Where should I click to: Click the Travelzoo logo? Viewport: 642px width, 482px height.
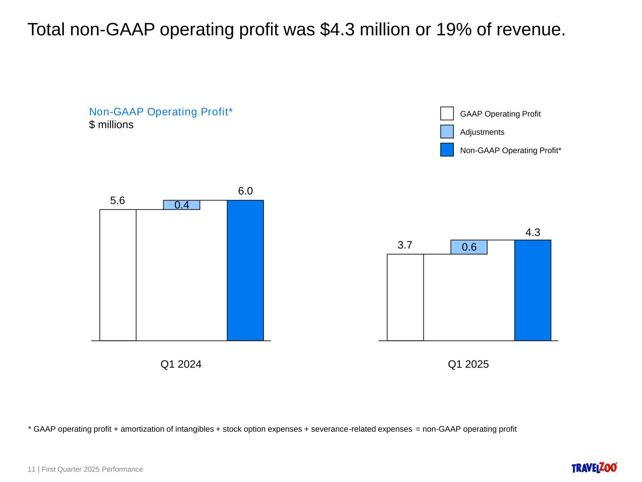(x=594, y=467)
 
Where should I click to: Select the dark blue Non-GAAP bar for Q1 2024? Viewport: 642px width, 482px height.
(x=245, y=270)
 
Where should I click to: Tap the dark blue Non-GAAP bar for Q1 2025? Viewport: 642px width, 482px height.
(x=532, y=290)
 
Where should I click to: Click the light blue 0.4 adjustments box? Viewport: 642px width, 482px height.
(x=182, y=205)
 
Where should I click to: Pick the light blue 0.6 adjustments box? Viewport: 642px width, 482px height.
(x=469, y=247)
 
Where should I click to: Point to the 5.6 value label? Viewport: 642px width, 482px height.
(x=118, y=201)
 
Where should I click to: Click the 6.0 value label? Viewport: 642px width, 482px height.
(x=245, y=191)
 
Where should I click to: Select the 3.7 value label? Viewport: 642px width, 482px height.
(x=404, y=245)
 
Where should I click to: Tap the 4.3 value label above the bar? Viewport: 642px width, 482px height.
(x=532, y=232)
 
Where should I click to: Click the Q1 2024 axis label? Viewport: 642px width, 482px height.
(x=181, y=364)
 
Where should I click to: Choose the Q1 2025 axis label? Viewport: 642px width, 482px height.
(x=468, y=364)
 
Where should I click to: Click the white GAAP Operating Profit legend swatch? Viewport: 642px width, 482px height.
(x=447, y=113)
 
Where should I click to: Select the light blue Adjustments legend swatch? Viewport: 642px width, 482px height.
(x=447, y=131)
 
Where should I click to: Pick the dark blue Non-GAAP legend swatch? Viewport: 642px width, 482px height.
(x=447, y=150)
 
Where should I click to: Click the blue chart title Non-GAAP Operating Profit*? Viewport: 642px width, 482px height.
(x=161, y=112)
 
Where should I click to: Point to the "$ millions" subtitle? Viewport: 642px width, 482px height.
(x=111, y=125)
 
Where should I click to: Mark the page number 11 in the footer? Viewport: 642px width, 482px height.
(x=32, y=469)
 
